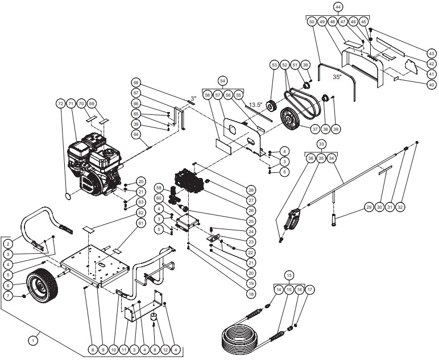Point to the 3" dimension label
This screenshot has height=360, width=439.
[193, 98]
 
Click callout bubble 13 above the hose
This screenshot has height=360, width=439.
[289, 275]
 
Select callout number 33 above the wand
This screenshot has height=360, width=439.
[321, 144]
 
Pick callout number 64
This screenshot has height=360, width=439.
[136, 135]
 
